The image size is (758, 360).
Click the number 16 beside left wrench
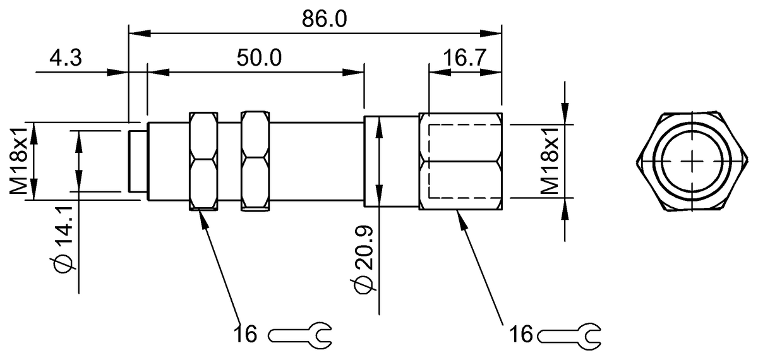click(246, 333)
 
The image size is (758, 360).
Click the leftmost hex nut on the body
click(203, 160)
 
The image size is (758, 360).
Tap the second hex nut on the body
click(255, 160)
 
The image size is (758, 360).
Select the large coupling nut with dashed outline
click(460, 162)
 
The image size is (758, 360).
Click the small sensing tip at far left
click(137, 160)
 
